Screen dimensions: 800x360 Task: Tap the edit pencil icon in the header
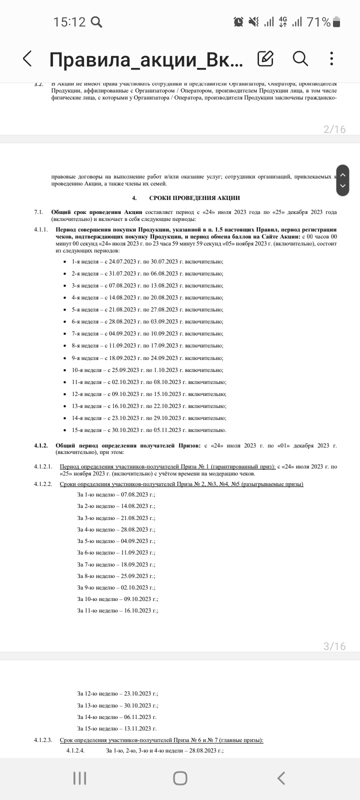click(265, 59)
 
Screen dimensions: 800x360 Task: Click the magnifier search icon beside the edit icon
click(300, 59)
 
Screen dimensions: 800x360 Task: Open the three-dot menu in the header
click(332, 59)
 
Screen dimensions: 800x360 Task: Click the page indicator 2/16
click(334, 129)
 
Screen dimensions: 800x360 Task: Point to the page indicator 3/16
click(334, 646)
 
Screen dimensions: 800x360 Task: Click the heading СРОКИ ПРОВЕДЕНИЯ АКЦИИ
click(194, 198)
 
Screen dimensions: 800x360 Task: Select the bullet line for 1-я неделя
click(147, 261)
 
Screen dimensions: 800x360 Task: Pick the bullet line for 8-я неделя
click(147, 345)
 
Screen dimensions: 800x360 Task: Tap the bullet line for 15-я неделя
click(149, 430)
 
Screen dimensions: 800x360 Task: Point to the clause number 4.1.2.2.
click(43, 484)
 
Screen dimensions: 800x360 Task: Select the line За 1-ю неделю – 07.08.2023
click(116, 494)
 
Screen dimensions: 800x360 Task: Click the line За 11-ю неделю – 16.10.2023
click(117, 610)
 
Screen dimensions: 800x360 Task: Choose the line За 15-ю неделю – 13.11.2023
click(117, 728)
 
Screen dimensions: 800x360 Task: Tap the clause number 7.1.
click(39, 212)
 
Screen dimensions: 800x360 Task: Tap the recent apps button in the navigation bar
click(79, 778)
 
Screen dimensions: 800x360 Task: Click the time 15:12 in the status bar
click(69, 22)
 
